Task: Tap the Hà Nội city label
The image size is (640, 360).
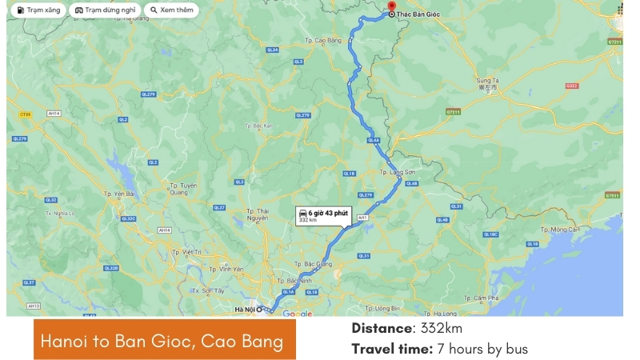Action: point(243,309)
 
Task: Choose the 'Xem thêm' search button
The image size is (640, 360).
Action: point(172,10)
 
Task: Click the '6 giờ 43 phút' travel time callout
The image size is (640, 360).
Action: point(323,214)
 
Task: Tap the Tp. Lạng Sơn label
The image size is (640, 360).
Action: point(398,172)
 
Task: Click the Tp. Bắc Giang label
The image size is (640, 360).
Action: point(318,263)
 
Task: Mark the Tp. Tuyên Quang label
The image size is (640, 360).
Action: point(184,188)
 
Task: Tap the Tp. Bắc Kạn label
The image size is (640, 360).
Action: point(259,126)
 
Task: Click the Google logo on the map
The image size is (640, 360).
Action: point(297,314)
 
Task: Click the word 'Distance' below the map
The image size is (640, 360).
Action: point(382,329)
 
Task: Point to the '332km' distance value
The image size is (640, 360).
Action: point(442,329)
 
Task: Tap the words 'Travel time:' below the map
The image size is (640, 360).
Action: point(392,349)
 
